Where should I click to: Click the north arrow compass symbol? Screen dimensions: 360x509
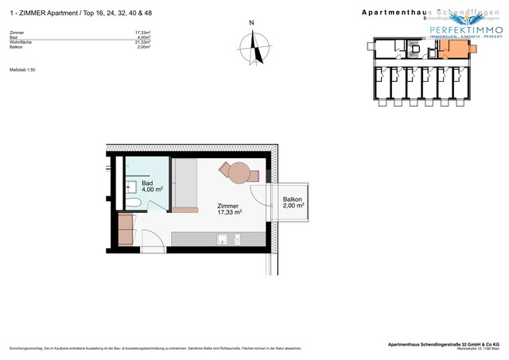pyautogui.click(x=252, y=50)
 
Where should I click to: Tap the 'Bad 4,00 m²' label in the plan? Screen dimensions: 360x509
pyautogui.click(x=153, y=186)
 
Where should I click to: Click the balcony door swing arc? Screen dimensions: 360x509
pyautogui.click(x=258, y=194)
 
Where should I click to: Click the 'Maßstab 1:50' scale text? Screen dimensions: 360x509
pyautogui.click(x=22, y=70)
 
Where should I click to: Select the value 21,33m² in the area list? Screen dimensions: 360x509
pyautogui.click(x=142, y=42)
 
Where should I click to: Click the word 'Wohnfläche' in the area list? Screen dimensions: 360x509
pyautogui.click(x=19, y=42)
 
